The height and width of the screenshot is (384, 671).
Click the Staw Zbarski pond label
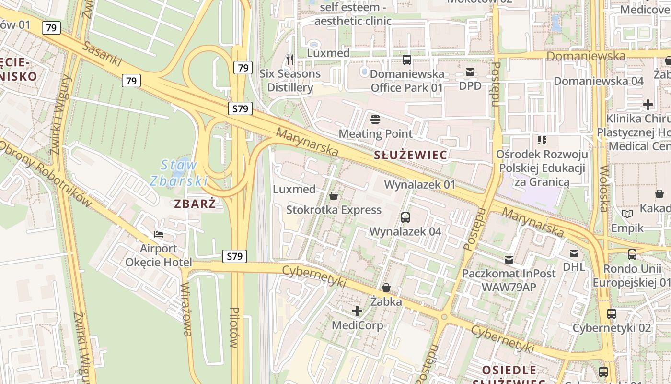click(x=179, y=173)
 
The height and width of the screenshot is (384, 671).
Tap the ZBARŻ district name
click(x=195, y=204)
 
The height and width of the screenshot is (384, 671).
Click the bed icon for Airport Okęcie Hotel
click(x=159, y=234)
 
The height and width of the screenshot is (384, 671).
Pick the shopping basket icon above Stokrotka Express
click(x=334, y=196)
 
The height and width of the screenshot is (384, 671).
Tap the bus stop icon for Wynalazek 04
click(x=405, y=217)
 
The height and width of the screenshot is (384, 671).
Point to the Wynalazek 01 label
click(x=420, y=185)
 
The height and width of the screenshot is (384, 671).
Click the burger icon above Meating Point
click(x=375, y=119)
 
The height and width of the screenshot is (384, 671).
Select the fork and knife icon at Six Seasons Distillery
click(x=289, y=59)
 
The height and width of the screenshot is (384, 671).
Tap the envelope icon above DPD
click(x=470, y=72)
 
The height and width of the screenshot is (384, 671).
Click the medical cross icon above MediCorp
click(x=357, y=311)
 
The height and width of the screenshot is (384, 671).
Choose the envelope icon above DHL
click(x=574, y=253)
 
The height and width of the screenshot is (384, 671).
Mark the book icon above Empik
click(x=627, y=214)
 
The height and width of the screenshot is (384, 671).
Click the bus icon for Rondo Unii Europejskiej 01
click(x=632, y=254)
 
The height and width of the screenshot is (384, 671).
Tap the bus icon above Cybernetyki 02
click(x=612, y=314)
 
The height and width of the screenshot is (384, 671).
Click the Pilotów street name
click(x=234, y=327)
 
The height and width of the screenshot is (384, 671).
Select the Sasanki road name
click(x=102, y=54)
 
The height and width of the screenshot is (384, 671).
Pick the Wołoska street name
click(x=604, y=189)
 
